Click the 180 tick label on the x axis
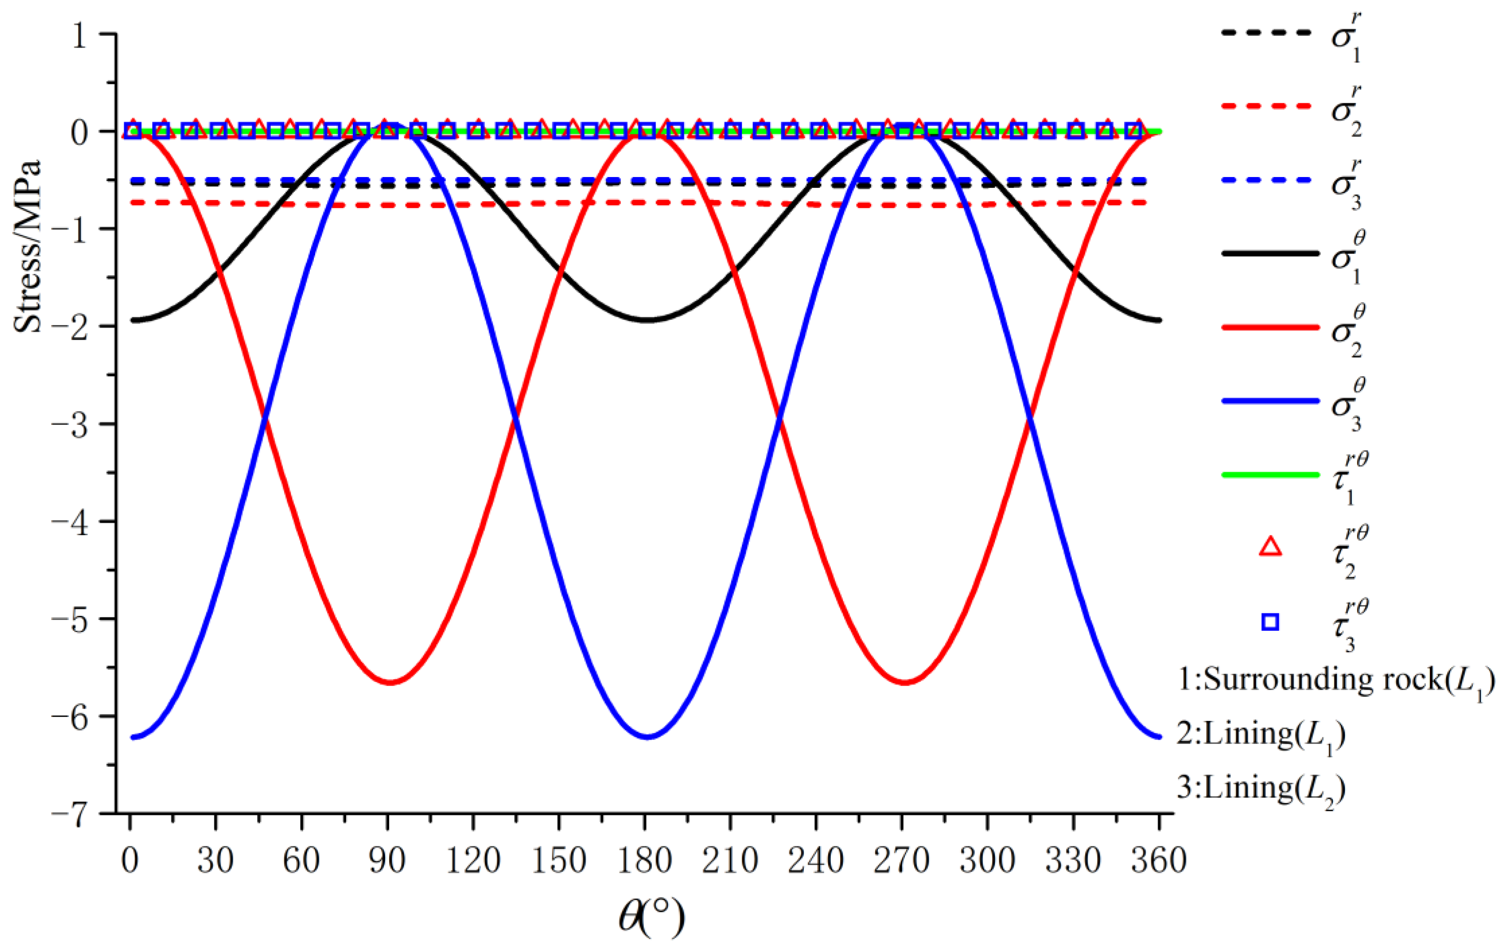coord(644,861)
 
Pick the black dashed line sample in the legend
coord(1270,32)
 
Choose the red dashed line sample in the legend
coord(1270,106)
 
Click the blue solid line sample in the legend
coord(1270,401)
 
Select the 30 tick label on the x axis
coord(215,861)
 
